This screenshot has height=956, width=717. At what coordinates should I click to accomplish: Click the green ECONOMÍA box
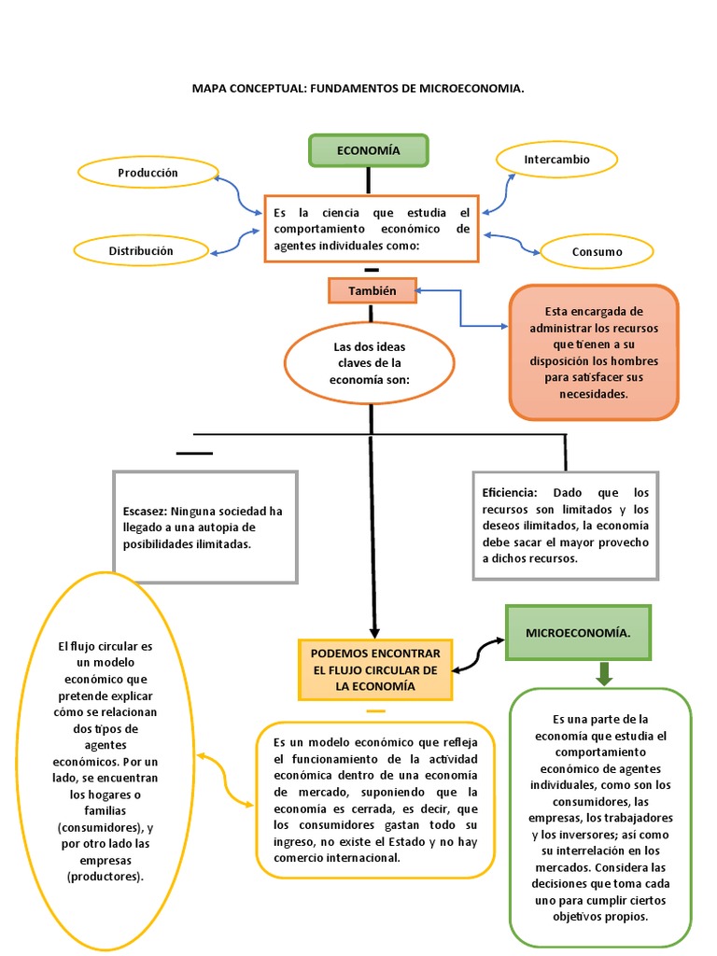tap(368, 150)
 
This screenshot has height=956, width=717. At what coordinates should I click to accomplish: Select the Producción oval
tap(148, 173)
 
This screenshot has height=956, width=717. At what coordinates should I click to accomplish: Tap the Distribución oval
tap(141, 251)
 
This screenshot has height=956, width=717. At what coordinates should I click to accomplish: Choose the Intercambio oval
tap(556, 160)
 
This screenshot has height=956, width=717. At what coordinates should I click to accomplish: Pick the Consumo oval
tap(597, 252)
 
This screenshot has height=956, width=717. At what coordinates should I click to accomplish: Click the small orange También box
tap(373, 290)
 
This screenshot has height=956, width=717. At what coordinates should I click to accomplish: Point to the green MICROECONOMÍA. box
tap(578, 632)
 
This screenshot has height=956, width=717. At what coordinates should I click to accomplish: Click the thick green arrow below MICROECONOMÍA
tap(604, 673)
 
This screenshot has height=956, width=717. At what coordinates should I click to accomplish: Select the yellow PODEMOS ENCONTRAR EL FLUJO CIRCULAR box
tap(373, 670)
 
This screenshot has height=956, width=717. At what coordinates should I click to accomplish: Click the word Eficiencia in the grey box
tap(510, 492)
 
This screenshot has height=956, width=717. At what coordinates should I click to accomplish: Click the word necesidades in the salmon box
tap(593, 394)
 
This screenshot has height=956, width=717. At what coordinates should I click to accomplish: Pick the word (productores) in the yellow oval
tap(105, 877)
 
